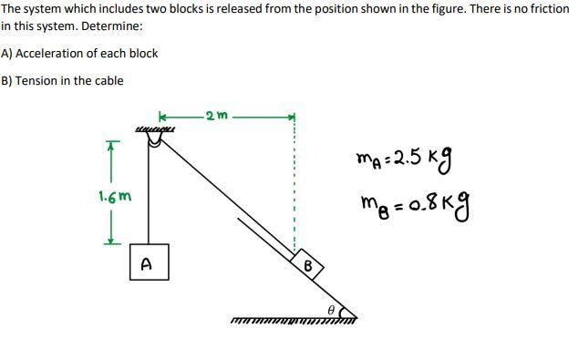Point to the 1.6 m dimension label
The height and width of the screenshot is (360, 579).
114,196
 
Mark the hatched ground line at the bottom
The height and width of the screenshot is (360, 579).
292,319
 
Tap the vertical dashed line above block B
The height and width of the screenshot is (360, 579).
294,182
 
